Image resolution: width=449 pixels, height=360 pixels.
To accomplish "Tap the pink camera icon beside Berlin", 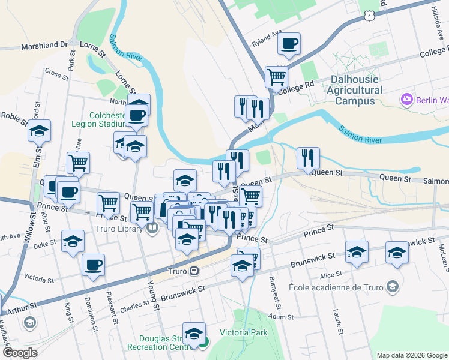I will point(406,99).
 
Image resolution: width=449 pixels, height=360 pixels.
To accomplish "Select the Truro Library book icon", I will point(153,227).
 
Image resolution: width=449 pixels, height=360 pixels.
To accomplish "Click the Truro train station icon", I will point(194,271).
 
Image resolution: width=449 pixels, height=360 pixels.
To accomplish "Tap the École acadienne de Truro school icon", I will point(393,286).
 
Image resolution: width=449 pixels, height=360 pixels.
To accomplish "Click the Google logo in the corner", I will point(19,353).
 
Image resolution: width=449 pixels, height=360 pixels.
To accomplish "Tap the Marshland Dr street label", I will point(45,45).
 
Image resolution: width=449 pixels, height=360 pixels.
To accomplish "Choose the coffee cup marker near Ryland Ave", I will point(289,43).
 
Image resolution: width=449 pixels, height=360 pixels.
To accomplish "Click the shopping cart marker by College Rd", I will point(276,76).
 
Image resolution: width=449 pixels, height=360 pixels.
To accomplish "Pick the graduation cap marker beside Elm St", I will point(40,130).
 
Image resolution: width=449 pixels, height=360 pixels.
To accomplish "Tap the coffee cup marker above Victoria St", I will point(93,265).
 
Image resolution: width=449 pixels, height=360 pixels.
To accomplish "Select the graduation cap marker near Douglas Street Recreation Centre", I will point(194,333).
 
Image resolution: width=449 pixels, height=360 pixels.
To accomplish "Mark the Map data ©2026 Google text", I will point(411,355).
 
